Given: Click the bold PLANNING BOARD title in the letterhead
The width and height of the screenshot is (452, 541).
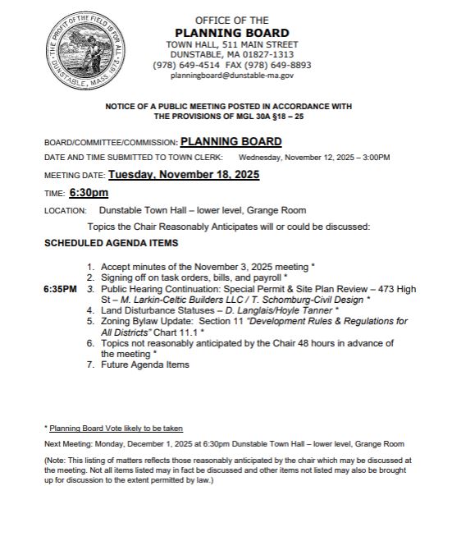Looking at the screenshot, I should pos(231,33).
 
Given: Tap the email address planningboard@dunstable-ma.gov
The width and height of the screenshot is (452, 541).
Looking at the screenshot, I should pos(232,76).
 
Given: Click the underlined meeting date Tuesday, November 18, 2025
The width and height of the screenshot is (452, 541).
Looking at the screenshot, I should pos(184,175).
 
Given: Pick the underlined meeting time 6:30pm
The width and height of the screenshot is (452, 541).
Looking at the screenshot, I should pos(89,193).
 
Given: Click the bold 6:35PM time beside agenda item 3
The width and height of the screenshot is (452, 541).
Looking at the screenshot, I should pos(61,289).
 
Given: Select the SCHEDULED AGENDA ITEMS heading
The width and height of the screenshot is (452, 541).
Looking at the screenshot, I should pos(111,244).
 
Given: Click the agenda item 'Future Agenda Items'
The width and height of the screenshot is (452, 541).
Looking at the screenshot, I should pos(144,364).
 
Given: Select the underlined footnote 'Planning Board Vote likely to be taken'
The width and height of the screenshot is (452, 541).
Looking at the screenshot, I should pos(116,428).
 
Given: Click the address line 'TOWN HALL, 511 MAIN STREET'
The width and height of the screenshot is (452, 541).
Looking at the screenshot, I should pos(232,44).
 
